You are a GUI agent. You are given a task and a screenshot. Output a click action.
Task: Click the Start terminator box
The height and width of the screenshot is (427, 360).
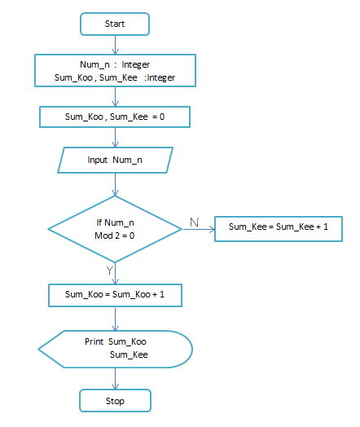(x=115, y=24)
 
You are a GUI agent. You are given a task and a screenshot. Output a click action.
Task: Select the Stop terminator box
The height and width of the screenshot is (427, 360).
(x=115, y=401)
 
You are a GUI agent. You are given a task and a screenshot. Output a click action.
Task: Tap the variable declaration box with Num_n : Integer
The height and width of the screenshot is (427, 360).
(x=115, y=70)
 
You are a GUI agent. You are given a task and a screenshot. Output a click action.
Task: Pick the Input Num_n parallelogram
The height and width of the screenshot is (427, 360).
(x=115, y=160)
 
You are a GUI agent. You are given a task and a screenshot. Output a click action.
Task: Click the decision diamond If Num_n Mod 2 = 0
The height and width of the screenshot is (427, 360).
(x=115, y=229)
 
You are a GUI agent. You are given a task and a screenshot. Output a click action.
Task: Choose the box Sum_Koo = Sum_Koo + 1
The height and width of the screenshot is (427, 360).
(x=115, y=293)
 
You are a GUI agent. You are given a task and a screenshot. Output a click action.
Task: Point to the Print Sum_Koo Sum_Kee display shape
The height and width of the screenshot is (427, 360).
(x=115, y=348)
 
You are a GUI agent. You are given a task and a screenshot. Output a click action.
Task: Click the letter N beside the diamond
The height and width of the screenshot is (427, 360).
(x=193, y=221)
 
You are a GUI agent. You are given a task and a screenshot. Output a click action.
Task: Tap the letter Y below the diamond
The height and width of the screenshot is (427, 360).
(x=109, y=270)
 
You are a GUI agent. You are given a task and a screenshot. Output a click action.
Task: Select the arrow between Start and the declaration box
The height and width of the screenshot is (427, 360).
(x=115, y=45)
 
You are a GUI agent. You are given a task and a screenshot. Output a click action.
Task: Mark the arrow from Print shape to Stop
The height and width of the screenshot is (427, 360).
(x=115, y=377)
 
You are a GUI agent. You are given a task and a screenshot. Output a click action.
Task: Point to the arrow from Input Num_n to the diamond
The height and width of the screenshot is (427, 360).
(x=115, y=184)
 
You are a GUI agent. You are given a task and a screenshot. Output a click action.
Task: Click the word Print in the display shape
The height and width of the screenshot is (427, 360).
(x=95, y=341)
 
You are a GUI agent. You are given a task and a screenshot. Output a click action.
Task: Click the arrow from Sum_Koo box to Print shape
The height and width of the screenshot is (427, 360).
(x=115, y=318)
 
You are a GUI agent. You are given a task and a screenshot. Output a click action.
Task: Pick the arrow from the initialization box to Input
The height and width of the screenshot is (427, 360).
(x=115, y=138)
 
